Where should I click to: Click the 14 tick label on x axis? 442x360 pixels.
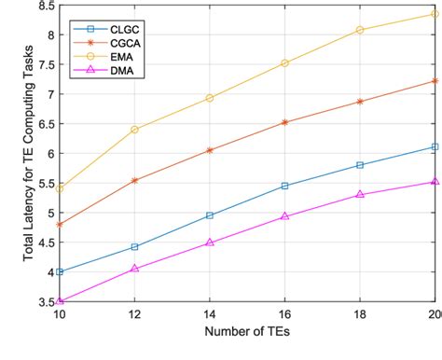pos(210,315)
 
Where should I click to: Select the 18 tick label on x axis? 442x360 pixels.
pos(360,315)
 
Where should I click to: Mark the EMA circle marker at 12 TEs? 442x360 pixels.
pos(135,130)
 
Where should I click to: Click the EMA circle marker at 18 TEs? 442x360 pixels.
pos(360,30)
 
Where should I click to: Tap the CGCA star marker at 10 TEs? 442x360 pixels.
pos(61,225)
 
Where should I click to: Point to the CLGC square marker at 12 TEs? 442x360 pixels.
pos(135,247)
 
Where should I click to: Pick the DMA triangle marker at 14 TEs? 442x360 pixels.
pos(210,242)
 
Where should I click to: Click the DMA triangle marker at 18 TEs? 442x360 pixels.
pos(360,195)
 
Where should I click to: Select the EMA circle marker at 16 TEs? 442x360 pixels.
pos(285,63)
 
